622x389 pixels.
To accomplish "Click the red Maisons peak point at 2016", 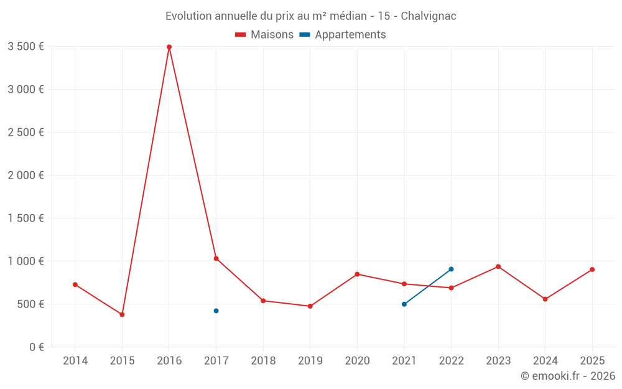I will pos(169,47).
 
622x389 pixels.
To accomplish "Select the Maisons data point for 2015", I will pos(122,314).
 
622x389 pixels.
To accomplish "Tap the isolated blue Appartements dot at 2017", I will pos(216,311).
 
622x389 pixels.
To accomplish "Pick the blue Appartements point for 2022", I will pos(451,269).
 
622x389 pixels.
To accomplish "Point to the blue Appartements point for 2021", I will pos(404,304).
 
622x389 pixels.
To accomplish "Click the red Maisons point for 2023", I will pos(498,266).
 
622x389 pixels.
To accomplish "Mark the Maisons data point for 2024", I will pos(545,299).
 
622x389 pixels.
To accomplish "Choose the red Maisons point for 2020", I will pos(357,274).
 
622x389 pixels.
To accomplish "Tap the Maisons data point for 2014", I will pos(75,284).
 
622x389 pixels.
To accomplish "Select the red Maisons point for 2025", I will pos(592,269).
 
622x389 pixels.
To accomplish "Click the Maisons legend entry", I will pos(264,35).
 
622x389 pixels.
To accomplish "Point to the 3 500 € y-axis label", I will pos(26,47).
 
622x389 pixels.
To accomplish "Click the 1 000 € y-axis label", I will pos(26,261).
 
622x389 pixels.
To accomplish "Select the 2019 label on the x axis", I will pos(310,361).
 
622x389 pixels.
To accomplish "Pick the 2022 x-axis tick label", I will pos(451,361).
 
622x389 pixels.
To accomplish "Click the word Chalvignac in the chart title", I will pos(429,16).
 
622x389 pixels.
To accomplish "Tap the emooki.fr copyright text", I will pos(567,376).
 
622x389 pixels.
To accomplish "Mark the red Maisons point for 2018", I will pos(263,301).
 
